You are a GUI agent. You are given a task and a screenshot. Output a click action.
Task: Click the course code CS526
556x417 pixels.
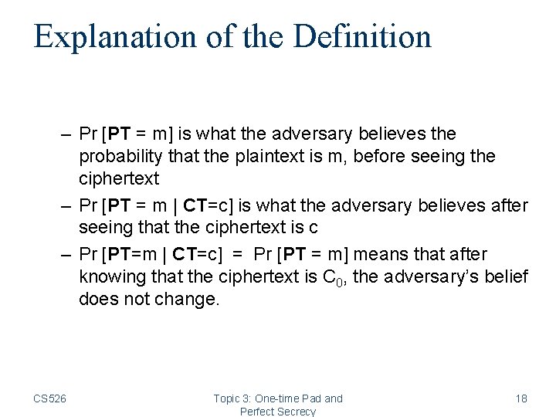pyautogui.click(x=49, y=398)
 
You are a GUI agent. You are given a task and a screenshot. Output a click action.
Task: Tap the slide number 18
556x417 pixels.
pyautogui.click(x=521, y=398)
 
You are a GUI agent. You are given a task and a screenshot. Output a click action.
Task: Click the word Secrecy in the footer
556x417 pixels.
pyautogui.click(x=296, y=412)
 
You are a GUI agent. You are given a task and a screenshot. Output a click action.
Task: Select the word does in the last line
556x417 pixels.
pyautogui.click(x=96, y=300)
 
